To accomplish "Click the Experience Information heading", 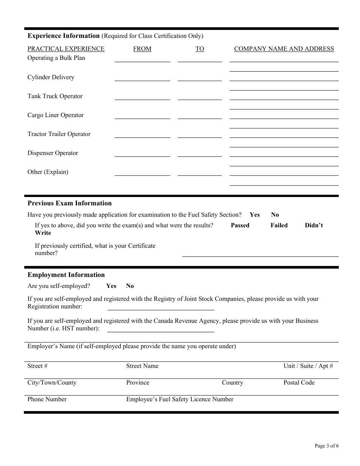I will [63, 36].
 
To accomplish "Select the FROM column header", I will [142, 49].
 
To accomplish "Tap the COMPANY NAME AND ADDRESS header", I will [284, 49].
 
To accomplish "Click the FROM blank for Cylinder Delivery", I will [142, 78].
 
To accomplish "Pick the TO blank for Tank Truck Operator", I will [199, 97].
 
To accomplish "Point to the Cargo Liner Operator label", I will [55, 115].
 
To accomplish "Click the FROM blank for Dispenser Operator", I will [142, 153].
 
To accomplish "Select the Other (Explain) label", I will [48, 172].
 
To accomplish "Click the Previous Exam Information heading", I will [69, 203].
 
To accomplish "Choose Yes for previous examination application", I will [255, 215].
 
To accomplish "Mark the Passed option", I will [240, 225].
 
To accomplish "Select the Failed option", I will [279, 225].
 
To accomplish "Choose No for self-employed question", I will [130, 286].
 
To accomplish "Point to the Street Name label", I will [142, 366].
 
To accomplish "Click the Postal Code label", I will [299, 383].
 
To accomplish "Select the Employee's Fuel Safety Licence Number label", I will [180, 399].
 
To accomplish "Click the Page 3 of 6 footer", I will [327, 446].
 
